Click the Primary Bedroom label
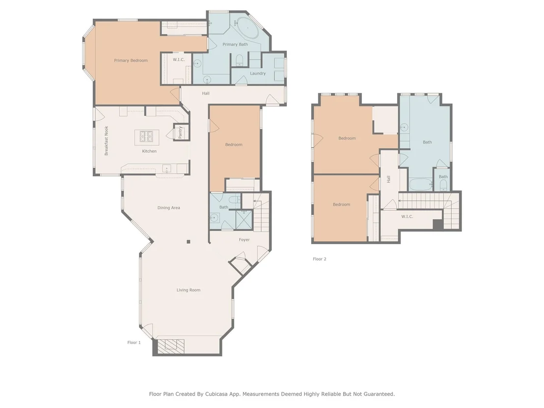coord(131,60)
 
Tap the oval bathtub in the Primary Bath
coord(247,29)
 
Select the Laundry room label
coord(258,73)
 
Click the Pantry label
coord(180,132)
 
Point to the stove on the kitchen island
coord(147,136)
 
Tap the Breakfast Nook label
coord(107,140)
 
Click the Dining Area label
coord(168,208)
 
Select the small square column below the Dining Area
coord(189,242)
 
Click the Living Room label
coord(189,290)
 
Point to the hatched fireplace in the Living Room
coord(171,345)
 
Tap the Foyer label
coord(244,240)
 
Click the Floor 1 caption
coord(134,342)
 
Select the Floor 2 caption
coord(320,259)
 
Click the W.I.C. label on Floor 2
coord(408,217)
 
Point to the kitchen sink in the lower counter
coord(167,169)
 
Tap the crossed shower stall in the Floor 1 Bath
coord(244,219)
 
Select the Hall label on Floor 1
coord(206,93)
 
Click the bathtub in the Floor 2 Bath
coord(421,184)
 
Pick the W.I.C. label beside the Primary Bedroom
coord(179,60)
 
